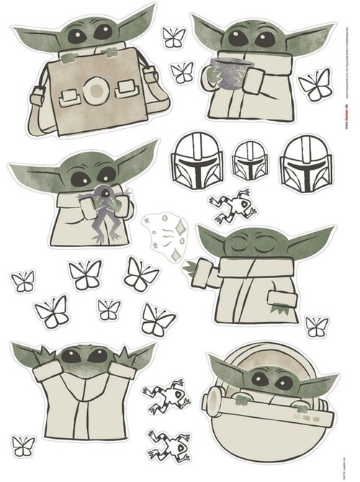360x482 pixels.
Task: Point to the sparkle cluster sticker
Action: pos(163,234)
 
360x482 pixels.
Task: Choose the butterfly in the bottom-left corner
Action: pos(23,445)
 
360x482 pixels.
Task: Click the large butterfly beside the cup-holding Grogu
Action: pos(315,84)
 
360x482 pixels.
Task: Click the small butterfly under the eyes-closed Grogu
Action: pos(316,326)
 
